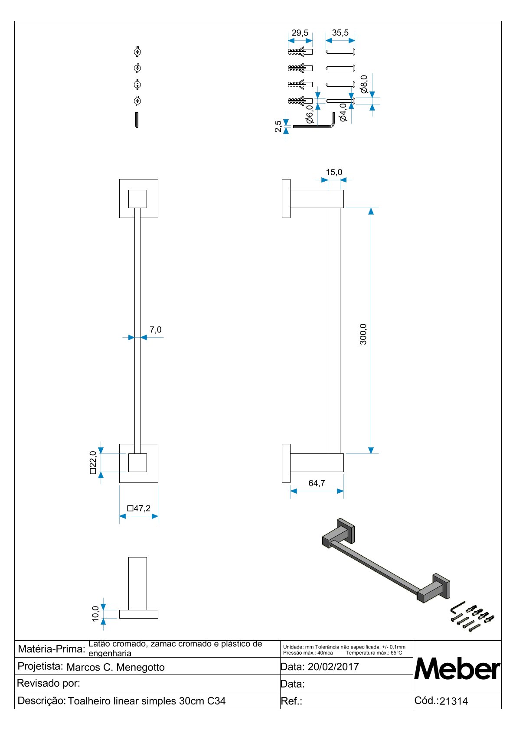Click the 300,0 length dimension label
pyautogui.click(x=363, y=334)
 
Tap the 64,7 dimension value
pyautogui.click(x=317, y=483)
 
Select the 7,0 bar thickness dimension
pyautogui.click(x=155, y=330)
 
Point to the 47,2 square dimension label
pyautogui.click(x=139, y=508)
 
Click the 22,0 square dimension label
pyautogui.click(x=93, y=463)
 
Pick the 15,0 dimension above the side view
pyautogui.click(x=334, y=172)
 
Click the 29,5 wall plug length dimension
pyautogui.click(x=300, y=33)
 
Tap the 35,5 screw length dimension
pyautogui.click(x=340, y=33)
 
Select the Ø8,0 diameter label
pyautogui.click(x=364, y=84)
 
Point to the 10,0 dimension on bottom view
pyautogui.click(x=96, y=613)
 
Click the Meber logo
pyautogui.click(x=457, y=669)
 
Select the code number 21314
pyautogui.click(x=454, y=701)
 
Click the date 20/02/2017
pyautogui.click(x=333, y=667)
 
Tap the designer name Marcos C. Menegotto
pyautogui.click(x=115, y=667)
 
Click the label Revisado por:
pyautogui.click(x=49, y=683)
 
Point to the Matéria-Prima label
pyautogui.click(x=51, y=649)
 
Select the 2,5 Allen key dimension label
pyautogui.click(x=278, y=126)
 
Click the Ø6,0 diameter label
pyautogui.click(x=310, y=114)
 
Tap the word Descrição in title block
pyautogui.click(x=41, y=701)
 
